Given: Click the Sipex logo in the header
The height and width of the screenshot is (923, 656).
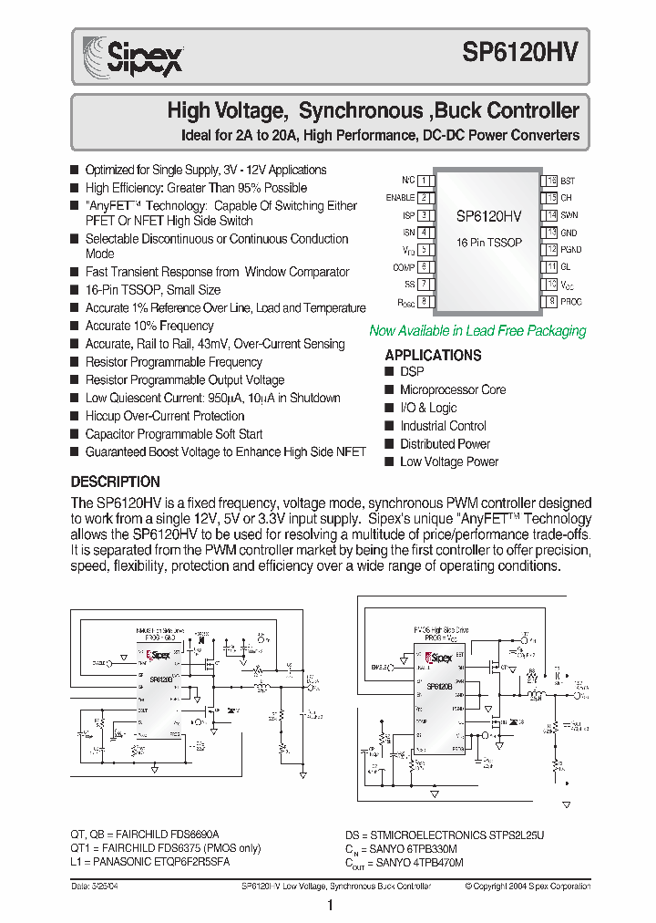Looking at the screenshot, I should point(133,57).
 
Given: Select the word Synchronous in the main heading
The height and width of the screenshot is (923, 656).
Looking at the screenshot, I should point(359,112).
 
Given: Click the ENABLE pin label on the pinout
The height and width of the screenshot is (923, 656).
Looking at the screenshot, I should point(400,198).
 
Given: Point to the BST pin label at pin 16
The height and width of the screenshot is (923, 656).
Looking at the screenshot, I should point(568,181).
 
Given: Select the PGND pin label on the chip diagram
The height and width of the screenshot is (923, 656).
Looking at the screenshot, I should point(571,250).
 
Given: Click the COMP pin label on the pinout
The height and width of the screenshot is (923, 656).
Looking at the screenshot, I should point(404,267).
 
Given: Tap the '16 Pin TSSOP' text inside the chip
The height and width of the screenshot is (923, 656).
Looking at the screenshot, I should point(488,243).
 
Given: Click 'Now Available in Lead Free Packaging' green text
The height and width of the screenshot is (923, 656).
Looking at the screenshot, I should point(477,331).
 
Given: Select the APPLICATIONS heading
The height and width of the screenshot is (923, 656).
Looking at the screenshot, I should point(433,355).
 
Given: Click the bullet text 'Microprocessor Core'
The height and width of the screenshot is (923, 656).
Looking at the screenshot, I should point(453,390).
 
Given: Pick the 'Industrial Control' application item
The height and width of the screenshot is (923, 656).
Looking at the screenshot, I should point(443,426).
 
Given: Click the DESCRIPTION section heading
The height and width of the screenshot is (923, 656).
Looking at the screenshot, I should point(116,482).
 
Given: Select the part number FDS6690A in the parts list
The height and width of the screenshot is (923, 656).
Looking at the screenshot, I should point(190,835).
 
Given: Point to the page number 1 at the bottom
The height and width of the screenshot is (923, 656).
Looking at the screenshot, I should point(329,906).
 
